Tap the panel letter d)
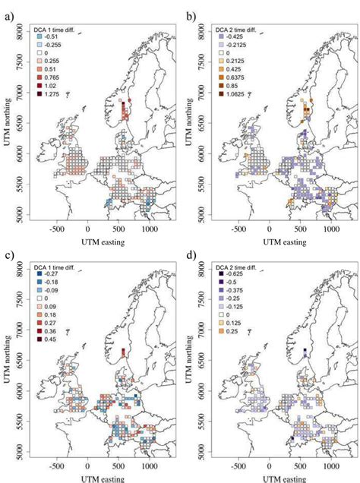pos(191,255)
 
